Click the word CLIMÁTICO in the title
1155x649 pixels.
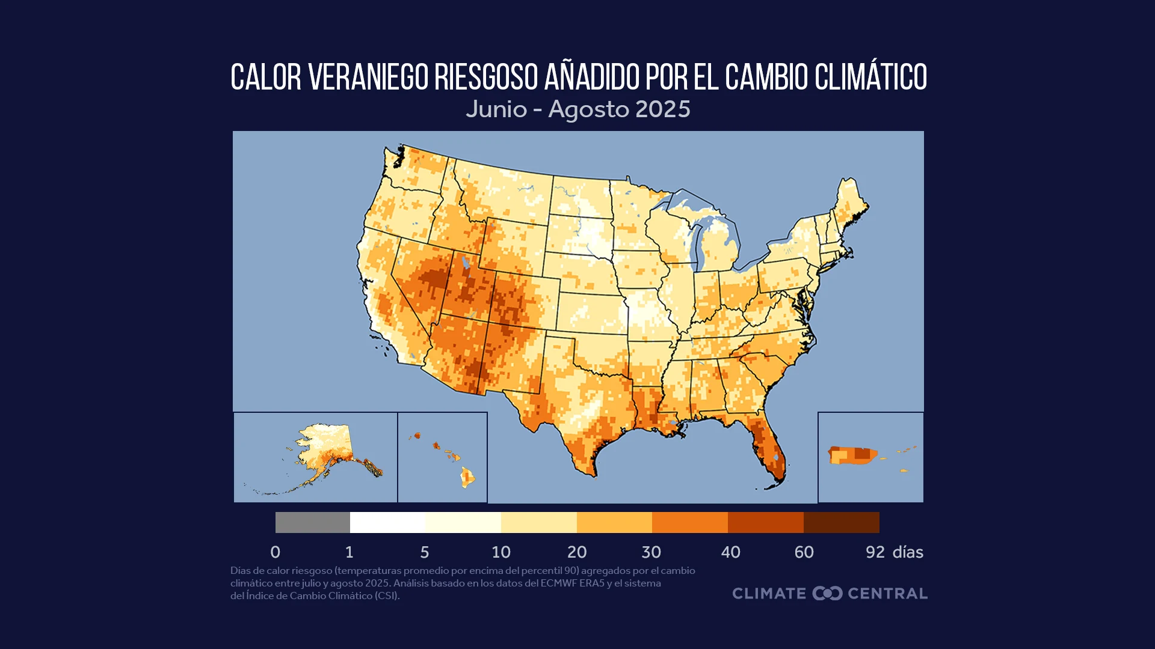click(x=870, y=78)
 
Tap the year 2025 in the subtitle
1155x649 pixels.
click(x=662, y=109)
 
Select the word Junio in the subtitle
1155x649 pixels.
click(x=496, y=109)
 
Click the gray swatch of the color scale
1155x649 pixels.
click(x=312, y=522)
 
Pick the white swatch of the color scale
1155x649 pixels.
click(x=387, y=522)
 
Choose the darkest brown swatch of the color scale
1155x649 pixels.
click(x=841, y=522)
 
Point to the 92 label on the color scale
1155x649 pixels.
click(x=875, y=552)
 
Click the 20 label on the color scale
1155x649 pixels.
click(x=576, y=552)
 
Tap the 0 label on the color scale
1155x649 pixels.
click(x=276, y=552)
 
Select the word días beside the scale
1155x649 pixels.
click(x=907, y=552)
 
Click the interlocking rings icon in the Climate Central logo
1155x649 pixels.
click(x=827, y=593)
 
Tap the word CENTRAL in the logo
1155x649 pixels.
click(x=887, y=593)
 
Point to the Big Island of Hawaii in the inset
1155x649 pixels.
click(x=467, y=478)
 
